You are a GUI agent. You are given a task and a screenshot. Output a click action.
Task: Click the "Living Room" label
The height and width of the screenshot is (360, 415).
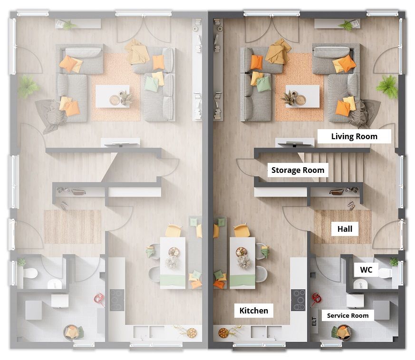tap(354, 136)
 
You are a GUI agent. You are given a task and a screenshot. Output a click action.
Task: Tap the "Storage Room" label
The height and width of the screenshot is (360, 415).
tap(298, 170)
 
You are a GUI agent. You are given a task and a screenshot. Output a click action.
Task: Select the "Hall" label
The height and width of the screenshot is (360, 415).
tap(345, 229)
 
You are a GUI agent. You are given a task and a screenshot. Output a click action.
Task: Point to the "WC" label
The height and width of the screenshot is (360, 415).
tap(366, 270)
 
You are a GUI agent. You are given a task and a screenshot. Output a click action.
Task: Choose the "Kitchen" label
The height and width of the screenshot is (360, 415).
tap(253, 311)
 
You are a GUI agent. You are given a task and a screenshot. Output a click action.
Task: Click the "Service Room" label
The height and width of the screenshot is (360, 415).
tap(348, 315)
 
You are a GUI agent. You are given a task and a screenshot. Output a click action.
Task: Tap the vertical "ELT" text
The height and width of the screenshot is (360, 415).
tap(314, 322)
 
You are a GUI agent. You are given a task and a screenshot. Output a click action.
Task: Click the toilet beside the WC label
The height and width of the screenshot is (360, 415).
tap(387, 273)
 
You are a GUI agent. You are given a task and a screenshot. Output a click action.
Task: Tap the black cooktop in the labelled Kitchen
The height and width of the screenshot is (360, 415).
tap(298, 300)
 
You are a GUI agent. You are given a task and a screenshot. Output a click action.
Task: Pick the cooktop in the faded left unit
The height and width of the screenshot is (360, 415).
tap(117, 300)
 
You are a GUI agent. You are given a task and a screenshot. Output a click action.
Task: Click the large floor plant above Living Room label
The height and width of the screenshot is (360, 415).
tap(388, 86)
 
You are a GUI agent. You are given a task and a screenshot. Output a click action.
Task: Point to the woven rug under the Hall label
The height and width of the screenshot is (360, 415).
tap(343, 227)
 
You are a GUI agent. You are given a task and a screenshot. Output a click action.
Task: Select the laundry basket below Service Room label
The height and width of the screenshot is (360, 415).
tap(342, 332)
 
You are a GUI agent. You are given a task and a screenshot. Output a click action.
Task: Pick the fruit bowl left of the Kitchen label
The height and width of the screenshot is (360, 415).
tap(223, 333)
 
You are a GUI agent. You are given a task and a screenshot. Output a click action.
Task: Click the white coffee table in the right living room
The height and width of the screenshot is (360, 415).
tap(302, 96)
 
